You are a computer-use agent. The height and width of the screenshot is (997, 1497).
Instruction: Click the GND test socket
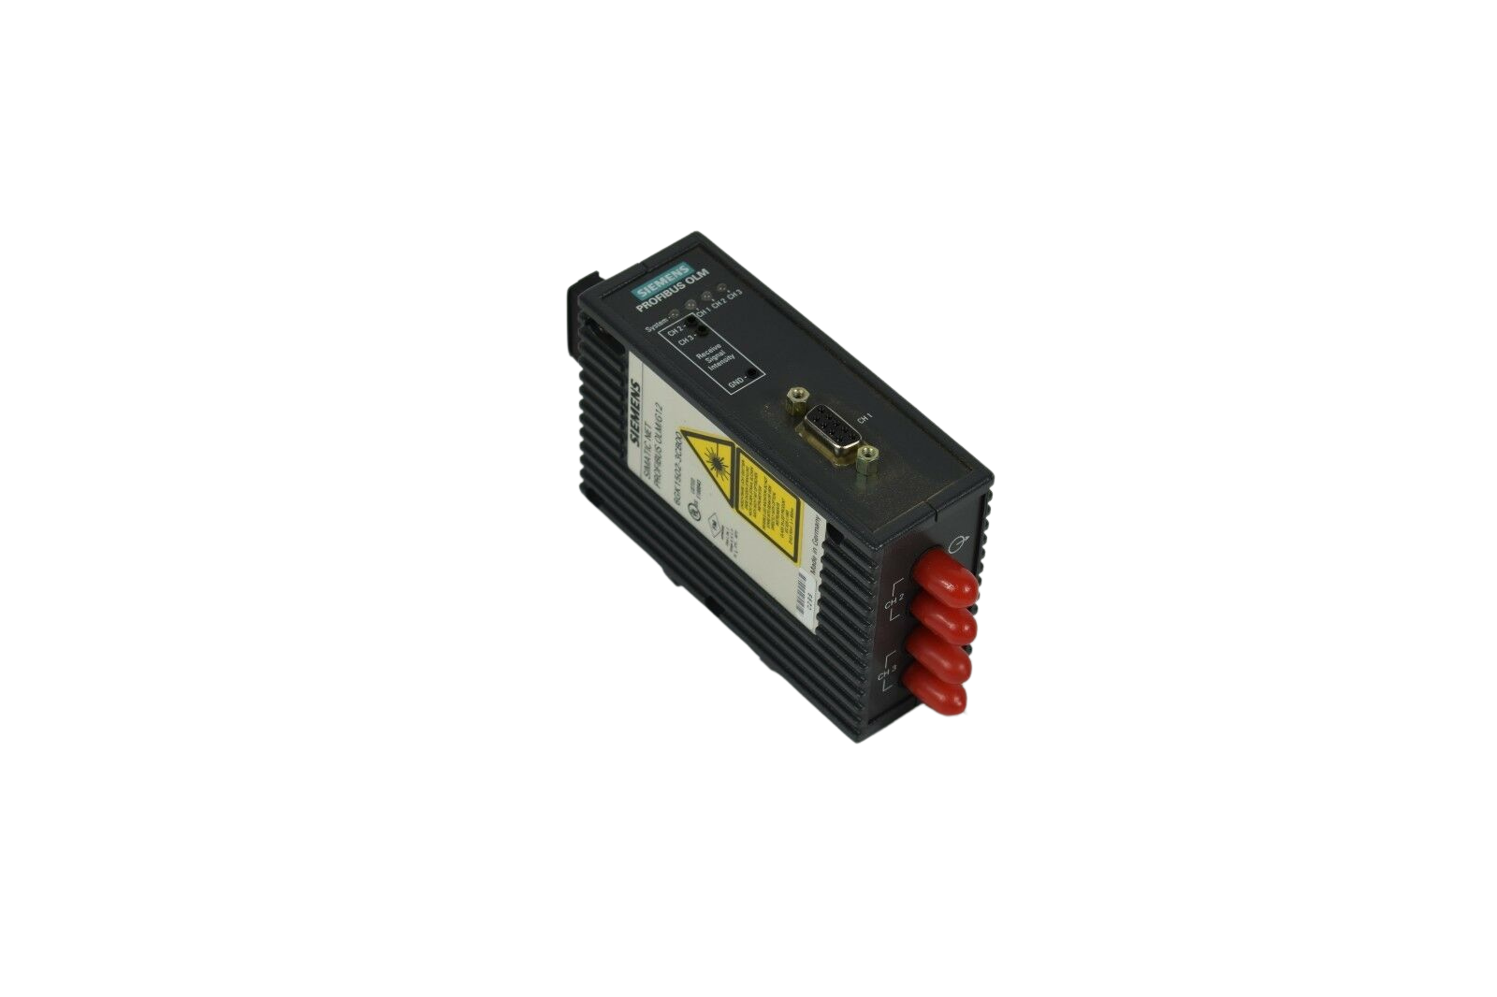[x=751, y=380]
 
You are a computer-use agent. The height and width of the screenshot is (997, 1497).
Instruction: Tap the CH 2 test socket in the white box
[x=692, y=322]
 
